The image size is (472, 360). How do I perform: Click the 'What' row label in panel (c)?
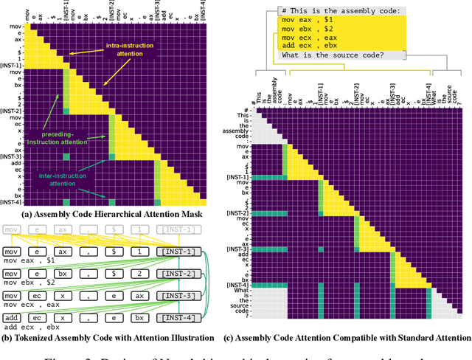point(241,291)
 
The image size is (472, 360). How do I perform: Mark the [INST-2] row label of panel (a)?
point(13,111)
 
